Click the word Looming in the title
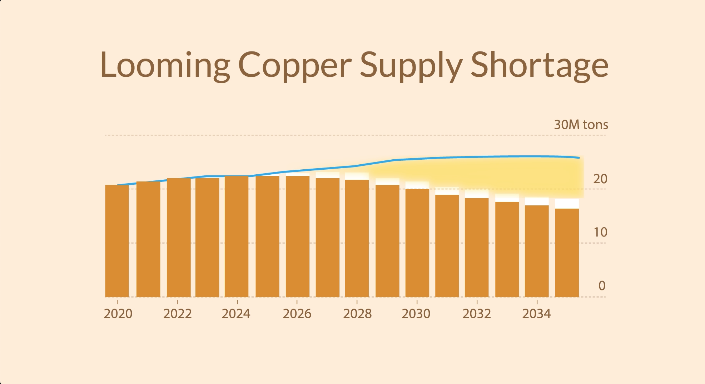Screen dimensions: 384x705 165,65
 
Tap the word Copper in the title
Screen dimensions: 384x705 295,65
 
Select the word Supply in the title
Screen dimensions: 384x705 411,65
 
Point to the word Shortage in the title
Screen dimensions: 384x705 540,65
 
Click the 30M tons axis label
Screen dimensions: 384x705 581,125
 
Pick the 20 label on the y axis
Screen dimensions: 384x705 600,179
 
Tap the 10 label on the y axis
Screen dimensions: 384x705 600,233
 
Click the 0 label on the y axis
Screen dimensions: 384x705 602,286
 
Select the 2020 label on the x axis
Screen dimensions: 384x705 118,314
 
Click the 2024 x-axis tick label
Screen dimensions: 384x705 236,314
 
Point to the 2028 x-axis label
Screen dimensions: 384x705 357,314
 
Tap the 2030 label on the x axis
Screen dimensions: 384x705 416,314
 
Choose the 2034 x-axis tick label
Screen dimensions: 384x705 537,314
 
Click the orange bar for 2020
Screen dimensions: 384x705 117,241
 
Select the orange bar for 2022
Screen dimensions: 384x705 179,238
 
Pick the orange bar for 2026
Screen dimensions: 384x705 298,236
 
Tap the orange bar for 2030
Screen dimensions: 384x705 417,243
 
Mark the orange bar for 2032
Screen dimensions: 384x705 477,248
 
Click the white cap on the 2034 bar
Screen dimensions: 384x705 537,202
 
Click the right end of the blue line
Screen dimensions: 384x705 579,158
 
